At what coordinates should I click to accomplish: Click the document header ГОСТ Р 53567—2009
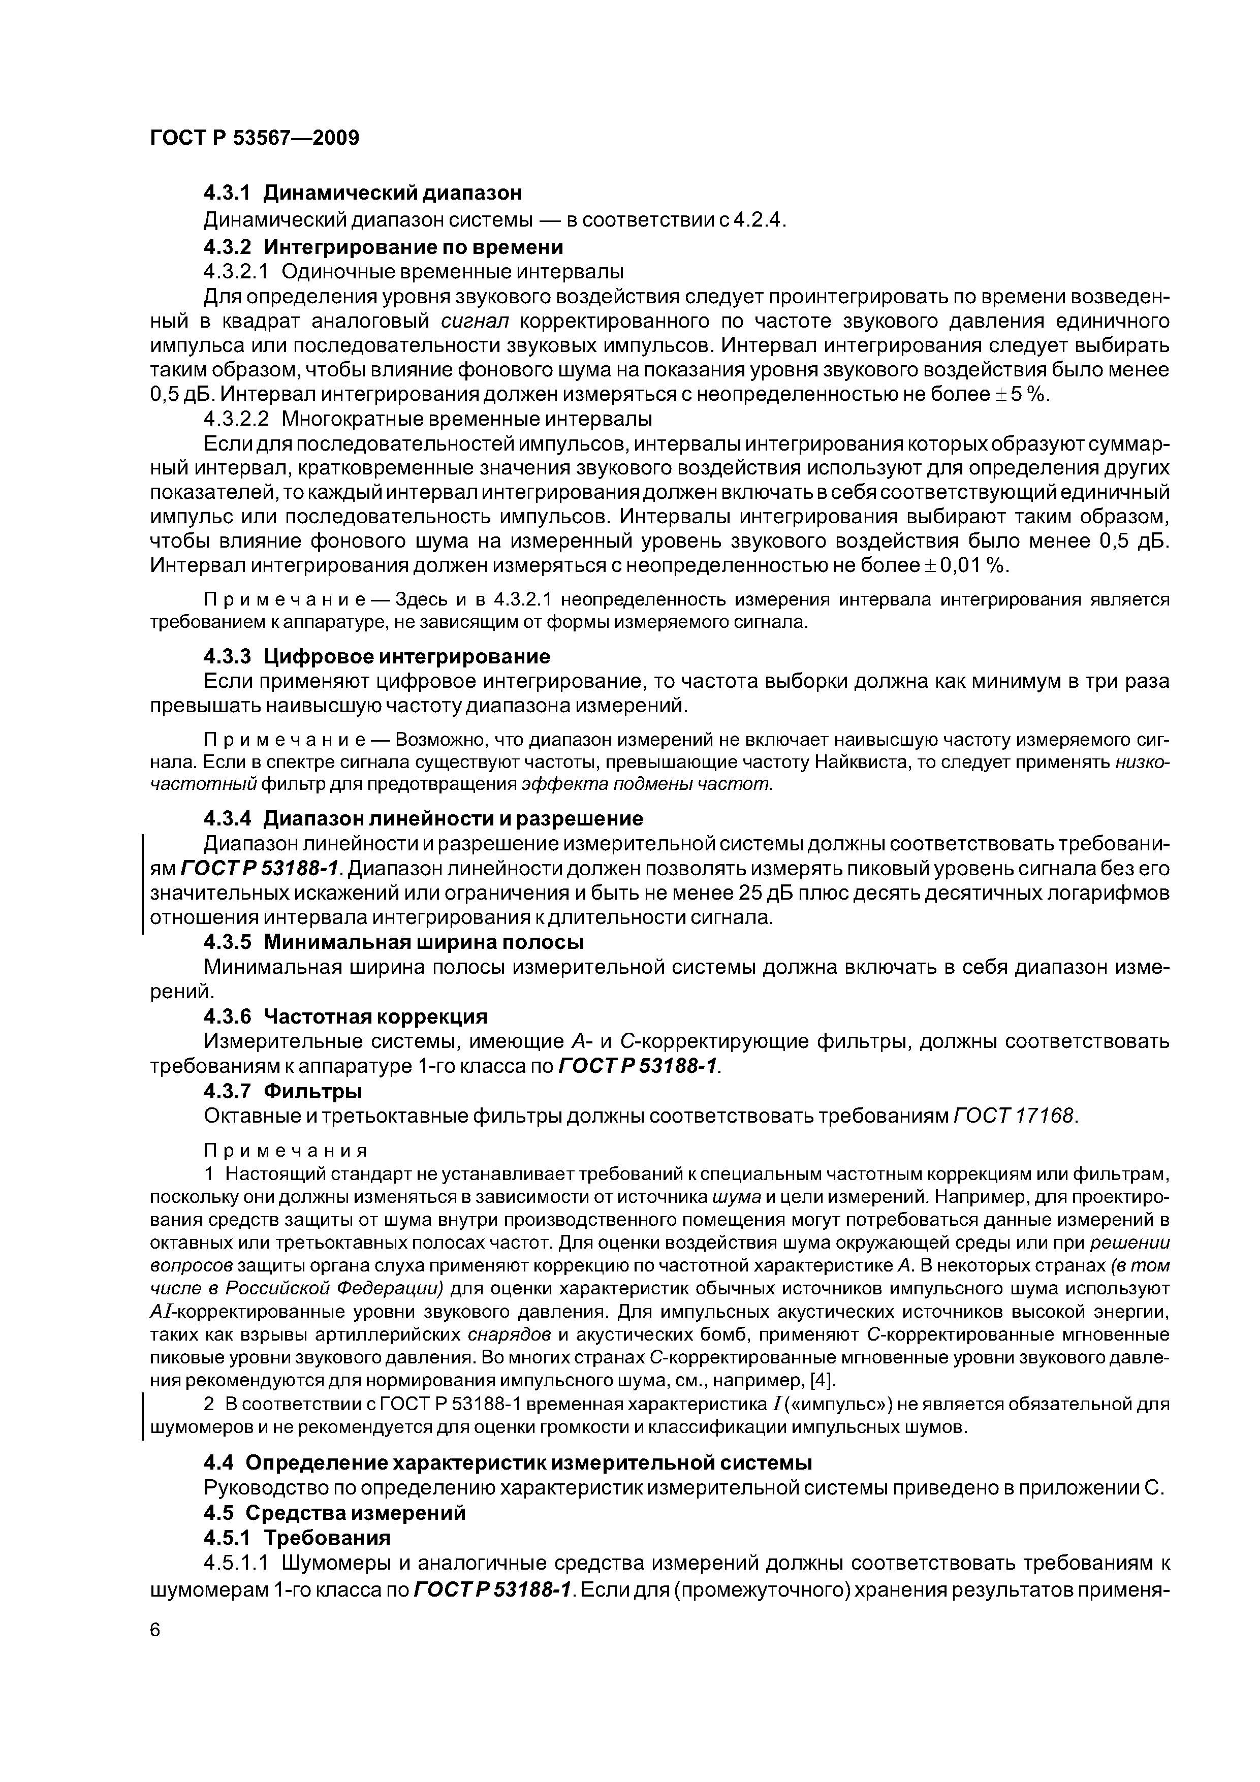pyautogui.click(x=255, y=139)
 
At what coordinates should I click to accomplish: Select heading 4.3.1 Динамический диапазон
pyautogui.click(x=363, y=193)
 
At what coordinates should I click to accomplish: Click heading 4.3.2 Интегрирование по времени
pyautogui.click(x=383, y=247)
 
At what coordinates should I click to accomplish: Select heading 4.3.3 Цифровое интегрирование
pyautogui.click(x=376, y=657)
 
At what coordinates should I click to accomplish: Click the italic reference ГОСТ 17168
pyautogui.click(x=1014, y=1116)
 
